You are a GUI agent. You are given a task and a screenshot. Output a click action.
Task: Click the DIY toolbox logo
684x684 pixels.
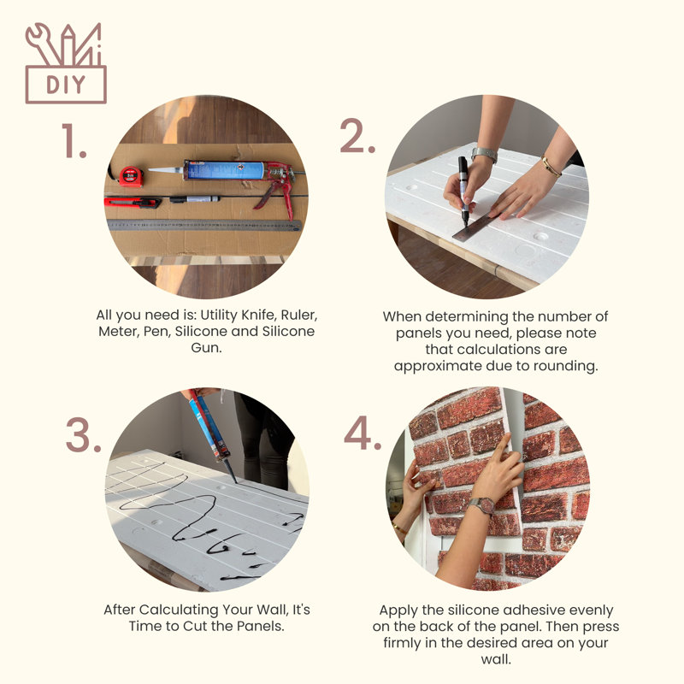pos(66,63)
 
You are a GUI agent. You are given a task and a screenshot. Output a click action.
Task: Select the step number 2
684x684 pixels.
pos(357,137)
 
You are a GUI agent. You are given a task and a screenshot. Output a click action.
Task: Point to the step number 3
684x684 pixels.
pos(83,436)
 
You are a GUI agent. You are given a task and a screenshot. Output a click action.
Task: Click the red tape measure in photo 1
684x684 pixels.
pos(130,177)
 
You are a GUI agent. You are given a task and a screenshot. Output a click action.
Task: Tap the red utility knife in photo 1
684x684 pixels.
pos(132,202)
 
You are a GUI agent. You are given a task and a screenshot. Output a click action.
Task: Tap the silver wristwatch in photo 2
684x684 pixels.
pos(484,155)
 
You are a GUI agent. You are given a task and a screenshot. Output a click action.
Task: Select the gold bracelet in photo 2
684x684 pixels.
pos(551,168)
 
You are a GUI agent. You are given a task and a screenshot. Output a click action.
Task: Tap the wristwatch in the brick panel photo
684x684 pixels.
pos(480,506)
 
